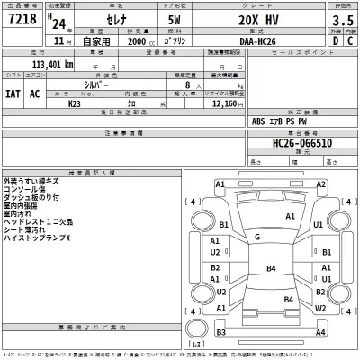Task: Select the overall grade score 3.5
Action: pos(341,19)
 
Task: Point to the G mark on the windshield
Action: pos(256,237)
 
